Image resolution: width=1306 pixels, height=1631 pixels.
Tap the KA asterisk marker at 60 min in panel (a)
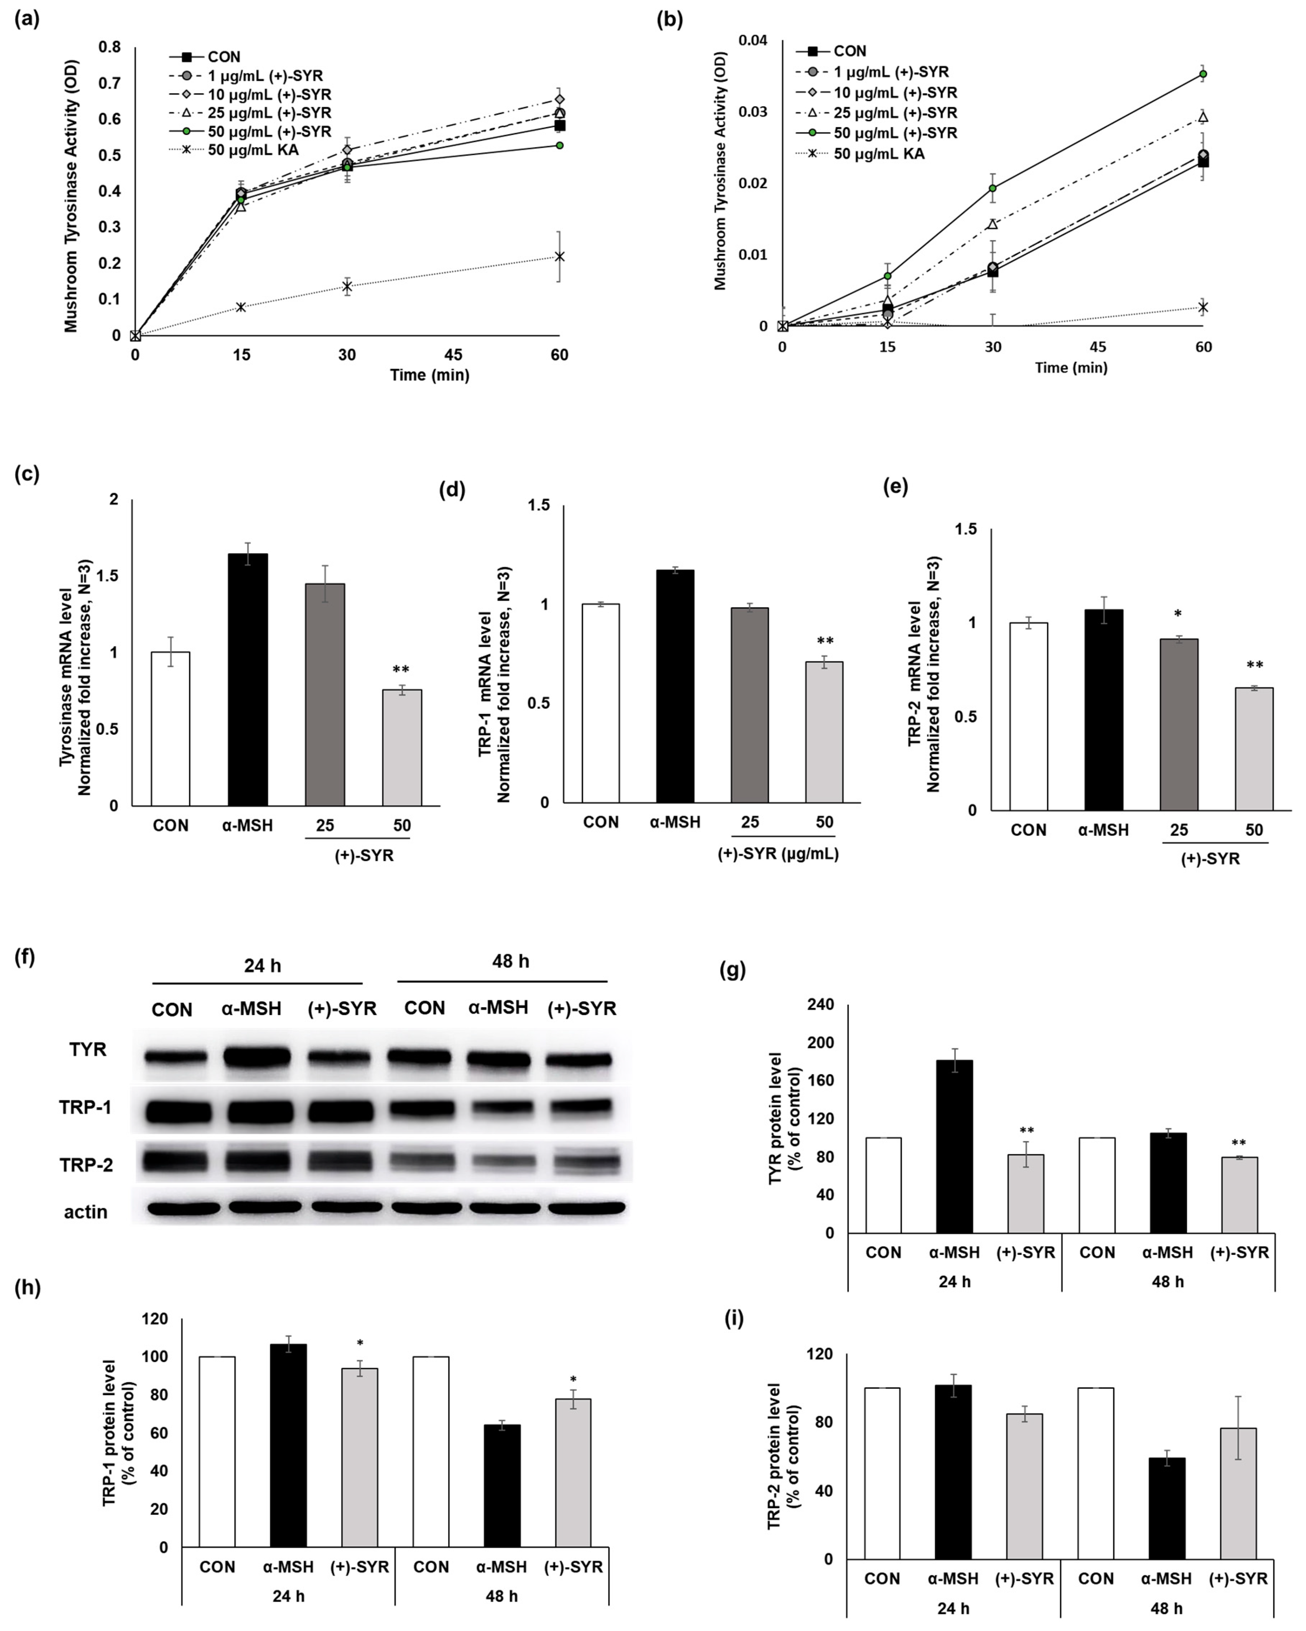coord(559,256)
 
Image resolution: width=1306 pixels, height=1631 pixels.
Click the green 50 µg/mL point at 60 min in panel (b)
coord(1203,74)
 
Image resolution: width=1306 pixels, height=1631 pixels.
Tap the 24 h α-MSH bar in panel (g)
coord(954,1146)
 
